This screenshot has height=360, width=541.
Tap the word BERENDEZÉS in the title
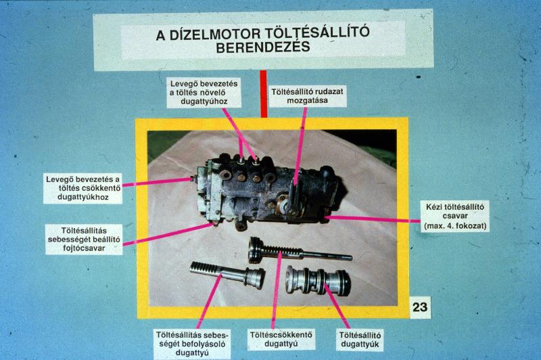(x=263, y=47)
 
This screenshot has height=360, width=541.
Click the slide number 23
(x=420, y=307)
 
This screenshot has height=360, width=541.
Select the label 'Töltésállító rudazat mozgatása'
(x=307, y=96)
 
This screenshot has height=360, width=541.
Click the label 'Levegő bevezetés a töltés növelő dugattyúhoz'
(x=204, y=93)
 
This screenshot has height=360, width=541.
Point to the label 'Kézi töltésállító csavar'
(x=455, y=211)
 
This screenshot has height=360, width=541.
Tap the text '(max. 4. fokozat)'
(x=455, y=227)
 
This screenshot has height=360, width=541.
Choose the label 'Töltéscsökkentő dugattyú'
(x=281, y=339)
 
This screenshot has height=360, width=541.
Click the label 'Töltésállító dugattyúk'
(x=360, y=340)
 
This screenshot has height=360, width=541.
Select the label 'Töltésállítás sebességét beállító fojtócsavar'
(x=84, y=239)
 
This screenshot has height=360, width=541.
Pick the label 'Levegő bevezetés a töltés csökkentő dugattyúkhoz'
(x=83, y=188)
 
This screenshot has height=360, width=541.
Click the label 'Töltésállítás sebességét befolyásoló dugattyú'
(x=192, y=344)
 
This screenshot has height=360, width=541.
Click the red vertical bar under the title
(x=264, y=94)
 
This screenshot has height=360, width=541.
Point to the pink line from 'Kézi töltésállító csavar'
(x=373, y=219)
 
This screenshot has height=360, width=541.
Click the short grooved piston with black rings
(x=318, y=281)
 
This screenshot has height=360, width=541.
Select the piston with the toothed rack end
(x=227, y=275)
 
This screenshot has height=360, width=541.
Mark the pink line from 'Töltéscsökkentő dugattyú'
(x=276, y=290)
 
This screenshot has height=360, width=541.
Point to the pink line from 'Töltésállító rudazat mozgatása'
(x=300, y=147)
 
